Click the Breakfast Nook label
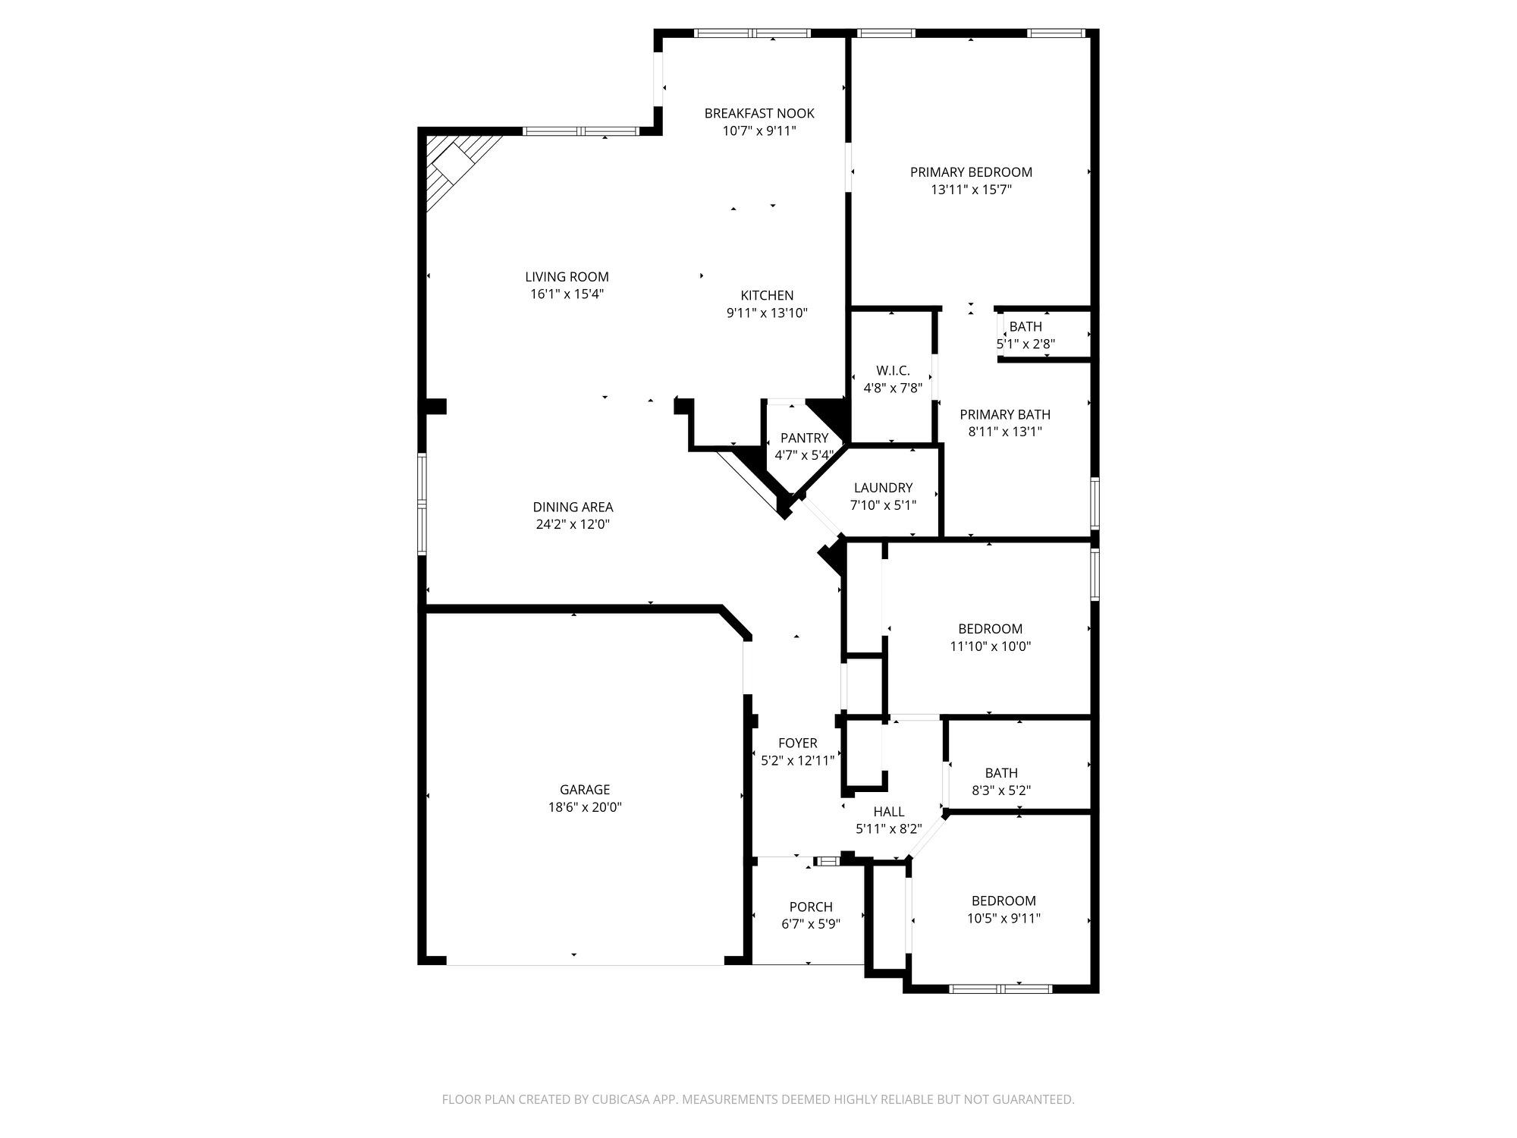click(759, 114)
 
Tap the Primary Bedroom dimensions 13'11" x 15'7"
click(971, 190)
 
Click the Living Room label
click(567, 277)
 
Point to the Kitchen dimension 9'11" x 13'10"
click(767, 313)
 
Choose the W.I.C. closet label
click(893, 371)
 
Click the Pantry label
click(804, 438)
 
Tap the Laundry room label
click(883, 488)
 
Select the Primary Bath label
click(1005, 414)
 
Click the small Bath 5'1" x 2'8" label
click(1025, 327)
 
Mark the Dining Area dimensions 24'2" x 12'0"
click(573, 524)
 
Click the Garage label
click(585, 790)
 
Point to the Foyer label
click(797, 743)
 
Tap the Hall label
click(888, 812)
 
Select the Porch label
click(811, 907)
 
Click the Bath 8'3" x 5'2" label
click(1001, 773)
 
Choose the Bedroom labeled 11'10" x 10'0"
click(990, 629)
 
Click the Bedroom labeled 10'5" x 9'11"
click(1003, 901)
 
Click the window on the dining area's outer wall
click(422, 504)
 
